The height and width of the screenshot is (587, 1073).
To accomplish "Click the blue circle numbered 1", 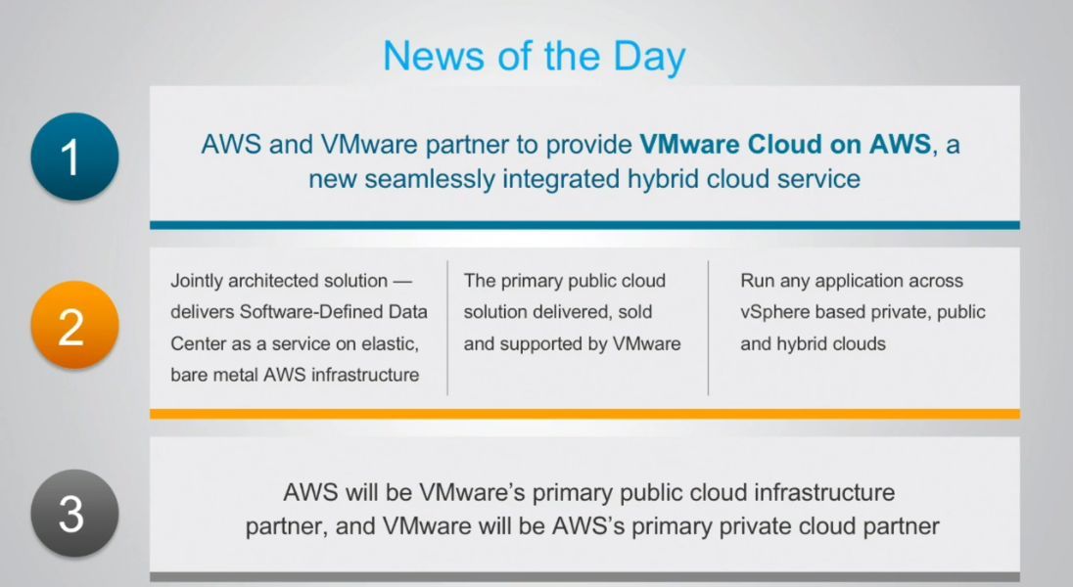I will point(73,157).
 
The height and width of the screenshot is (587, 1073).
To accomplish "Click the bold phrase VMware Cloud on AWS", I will point(785,145).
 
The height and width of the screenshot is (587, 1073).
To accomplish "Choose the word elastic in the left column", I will point(391,343).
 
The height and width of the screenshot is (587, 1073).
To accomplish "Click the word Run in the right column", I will point(757,281).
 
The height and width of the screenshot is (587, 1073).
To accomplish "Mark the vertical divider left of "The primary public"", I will point(447,328).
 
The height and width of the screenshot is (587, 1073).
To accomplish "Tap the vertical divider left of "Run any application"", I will point(709,328).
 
